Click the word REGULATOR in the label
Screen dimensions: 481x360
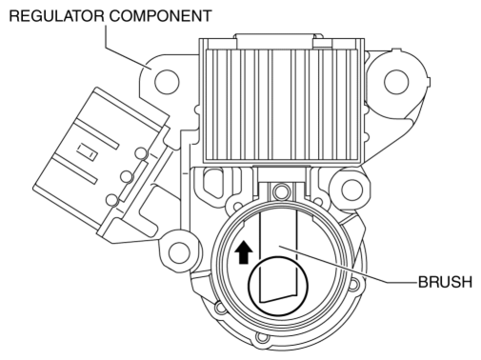point(56,15)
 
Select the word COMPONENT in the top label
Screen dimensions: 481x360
point(161,15)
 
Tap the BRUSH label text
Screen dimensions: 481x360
point(445,282)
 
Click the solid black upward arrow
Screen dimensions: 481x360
point(244,251)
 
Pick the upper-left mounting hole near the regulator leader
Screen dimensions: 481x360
point(167,81)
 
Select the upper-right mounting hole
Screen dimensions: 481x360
point(396,82)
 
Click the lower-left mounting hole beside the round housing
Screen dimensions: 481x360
point(179,252)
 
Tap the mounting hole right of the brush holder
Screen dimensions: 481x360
point(351,190)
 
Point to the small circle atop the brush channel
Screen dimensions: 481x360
point(280,190)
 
